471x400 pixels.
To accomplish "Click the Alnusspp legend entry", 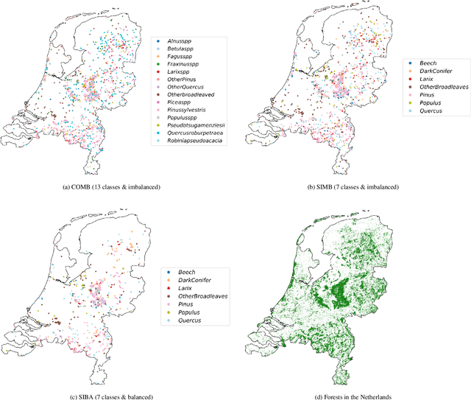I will pos(180,42).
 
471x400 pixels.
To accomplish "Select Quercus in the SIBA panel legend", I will pos(189,321).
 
